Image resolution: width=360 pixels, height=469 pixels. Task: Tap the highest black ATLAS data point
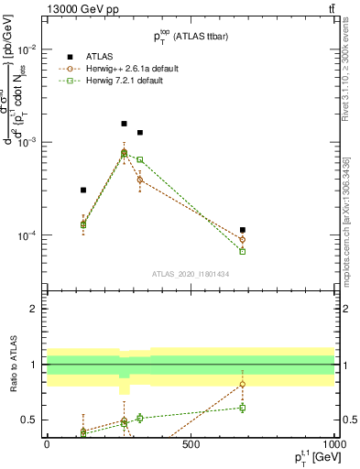pos(125,123)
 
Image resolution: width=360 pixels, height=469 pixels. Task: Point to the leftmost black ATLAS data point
pos(83,190)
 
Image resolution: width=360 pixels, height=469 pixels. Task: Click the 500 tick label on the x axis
pos(191,444)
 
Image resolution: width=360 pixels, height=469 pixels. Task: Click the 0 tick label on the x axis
pos(47,444)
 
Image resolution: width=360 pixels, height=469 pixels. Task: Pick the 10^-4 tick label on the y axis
pos(28,235)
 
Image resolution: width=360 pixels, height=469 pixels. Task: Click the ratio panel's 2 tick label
pos(35,309)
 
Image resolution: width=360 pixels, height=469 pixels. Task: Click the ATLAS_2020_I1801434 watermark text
pos(190,274)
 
